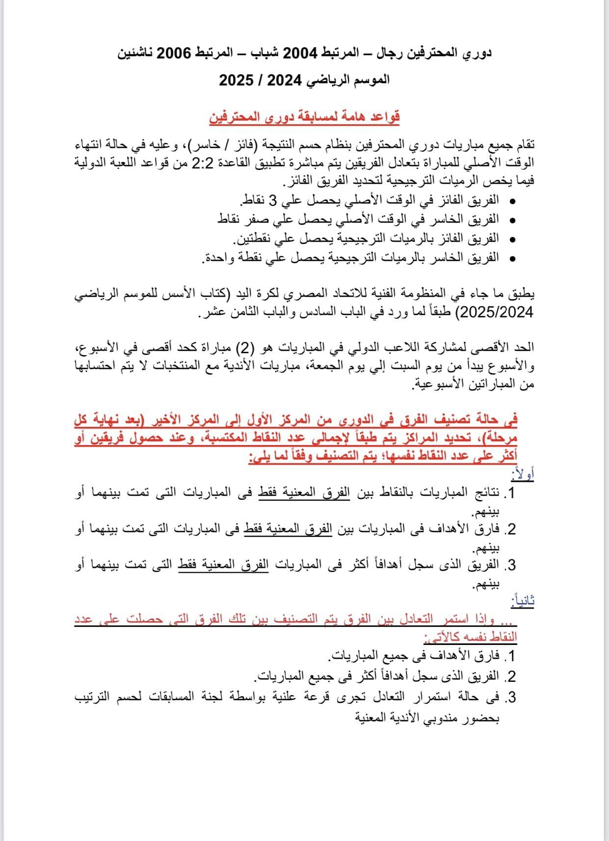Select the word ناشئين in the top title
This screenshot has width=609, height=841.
(x=137, y=53)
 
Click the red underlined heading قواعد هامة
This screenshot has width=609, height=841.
(x=305, y=116)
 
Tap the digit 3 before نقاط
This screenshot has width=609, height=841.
(x=274, y=201)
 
